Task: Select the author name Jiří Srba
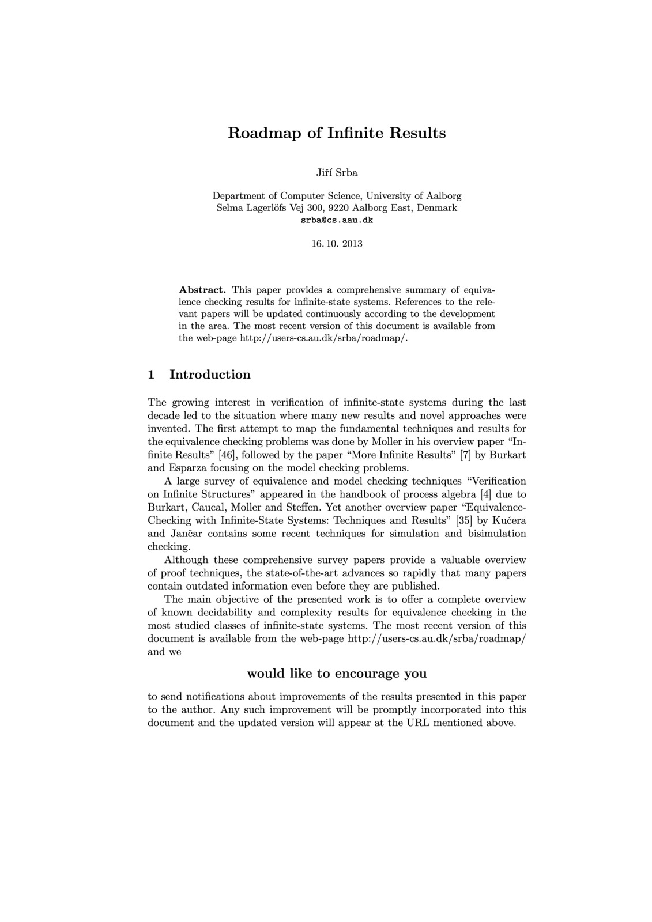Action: tap(337, 172)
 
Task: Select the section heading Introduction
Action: tap(210, 375)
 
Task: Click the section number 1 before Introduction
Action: tap(151, 375)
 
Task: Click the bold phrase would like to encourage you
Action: tap(337, 674)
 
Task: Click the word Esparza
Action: tap(190, 468)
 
